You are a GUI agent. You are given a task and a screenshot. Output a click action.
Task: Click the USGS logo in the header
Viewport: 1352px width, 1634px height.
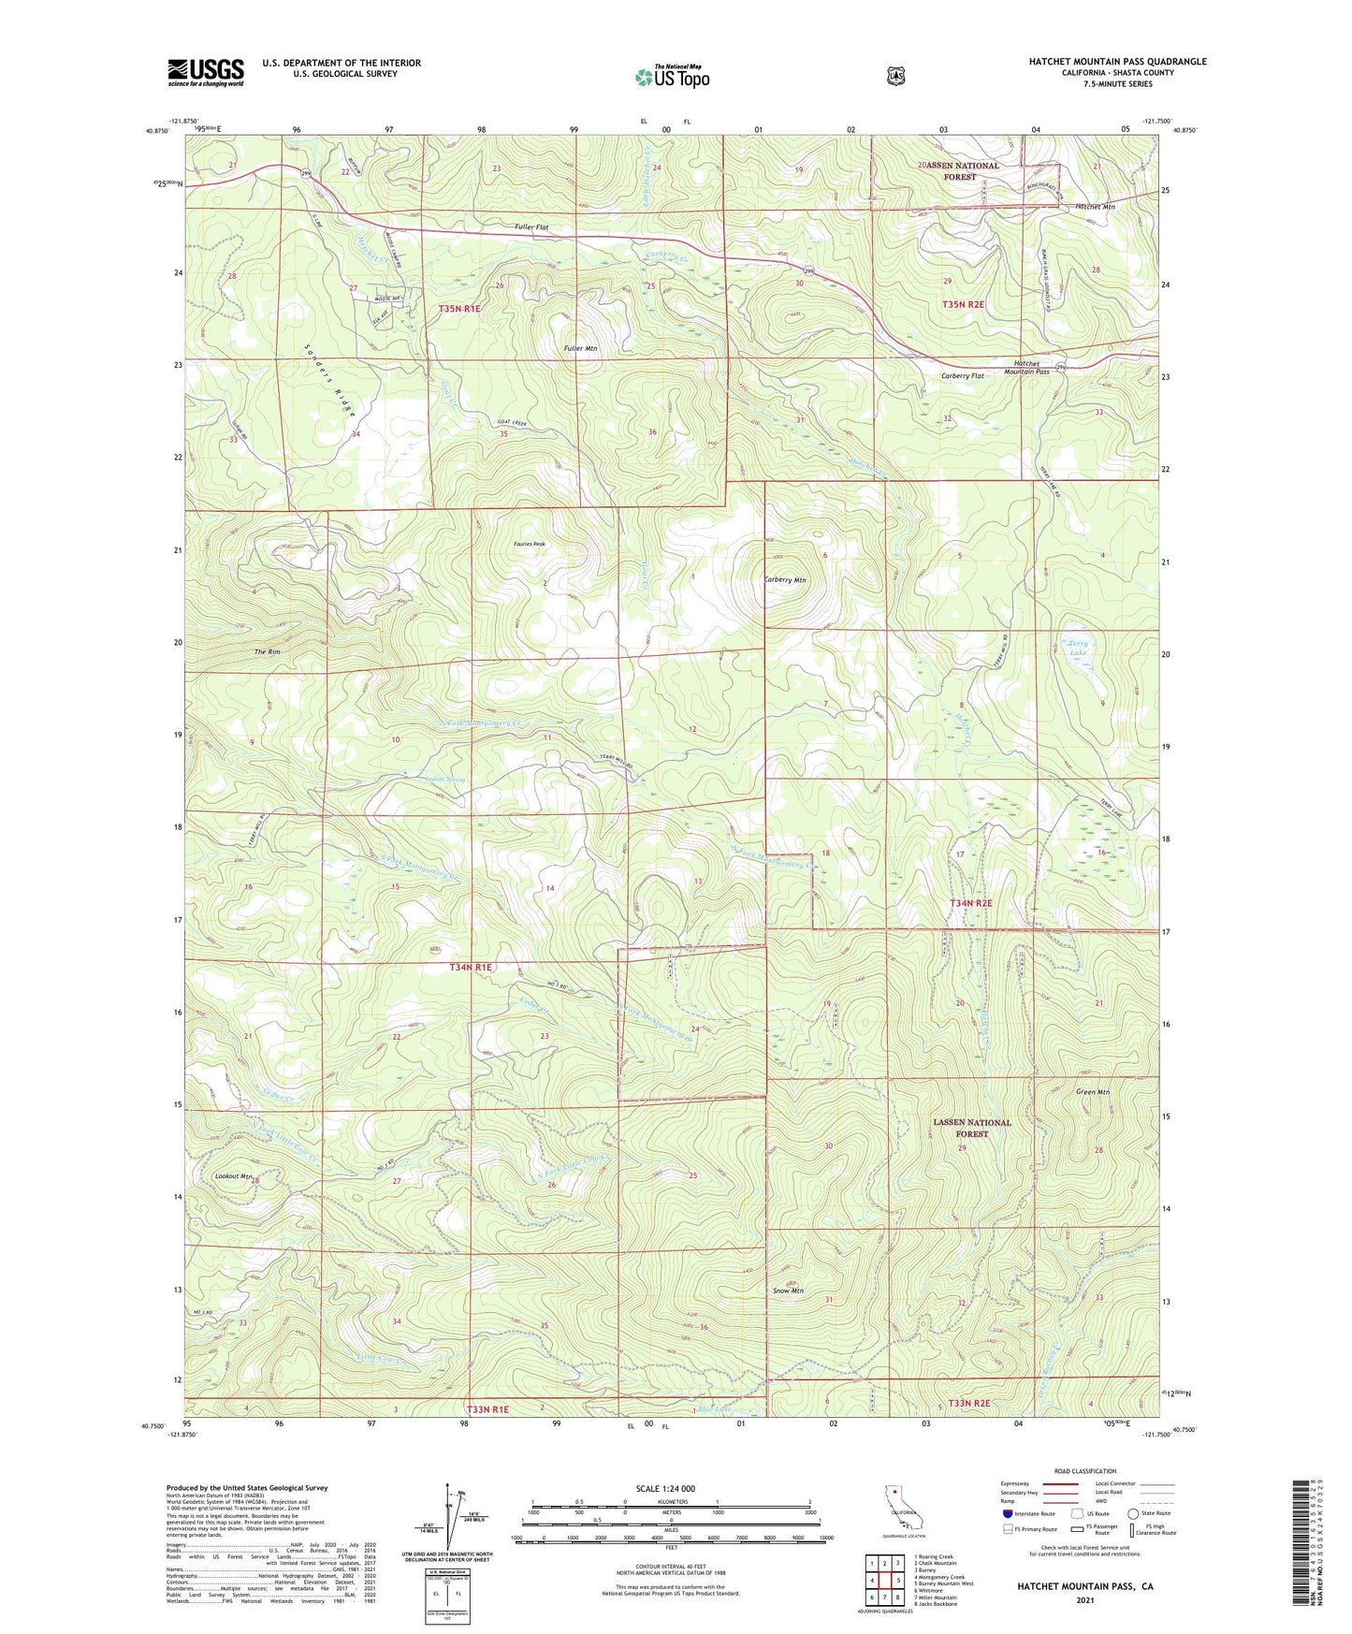pyautogui.click(x=206, y=72)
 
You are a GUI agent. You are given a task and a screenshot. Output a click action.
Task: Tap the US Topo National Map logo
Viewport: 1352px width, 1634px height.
pyautogui.click(x=672, y=76)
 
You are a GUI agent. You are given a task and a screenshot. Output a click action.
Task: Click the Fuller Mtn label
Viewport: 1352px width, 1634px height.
pyautogui.click(x=580, y=348)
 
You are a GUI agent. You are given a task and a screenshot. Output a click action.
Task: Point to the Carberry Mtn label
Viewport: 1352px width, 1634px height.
pyautogui.click(x=785, y=580)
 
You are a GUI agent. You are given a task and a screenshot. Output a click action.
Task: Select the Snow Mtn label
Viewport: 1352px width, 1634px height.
pyautogui.click(x=788, y=1291)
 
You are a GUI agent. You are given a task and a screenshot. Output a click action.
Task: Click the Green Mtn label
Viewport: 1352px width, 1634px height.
pyautogui.click(x=1092, y=1092)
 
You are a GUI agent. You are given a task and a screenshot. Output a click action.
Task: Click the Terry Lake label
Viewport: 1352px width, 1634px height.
pyautogui.click(x=1078, y=648)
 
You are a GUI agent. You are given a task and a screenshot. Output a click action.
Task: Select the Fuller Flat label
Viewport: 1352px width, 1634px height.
pyautogui.click(x=531, y=227)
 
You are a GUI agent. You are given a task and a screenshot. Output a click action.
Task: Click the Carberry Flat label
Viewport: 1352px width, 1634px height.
pyautogui.click(x=963, y=375)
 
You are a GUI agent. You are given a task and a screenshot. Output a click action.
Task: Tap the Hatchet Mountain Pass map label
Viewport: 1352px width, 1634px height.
pyautogui.click(x=1026, y=367)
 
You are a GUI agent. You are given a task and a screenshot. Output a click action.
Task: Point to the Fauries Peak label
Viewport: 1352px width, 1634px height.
pyautogui.click(x=529, y=544)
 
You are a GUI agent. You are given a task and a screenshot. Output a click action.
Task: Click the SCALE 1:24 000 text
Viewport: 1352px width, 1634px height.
pyautogui.click(x=665, y=1488)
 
